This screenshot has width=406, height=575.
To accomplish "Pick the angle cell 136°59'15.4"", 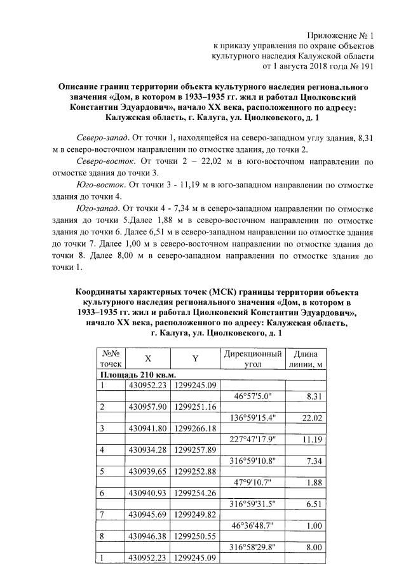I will coord(253,417).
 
